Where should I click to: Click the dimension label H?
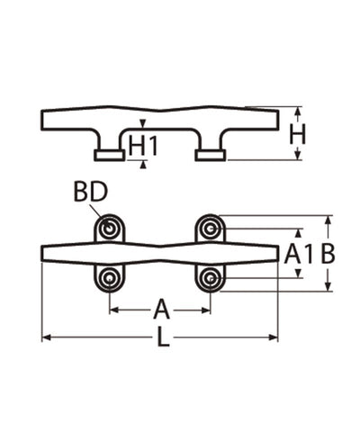click(x=297, y=134)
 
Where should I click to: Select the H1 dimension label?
click(x=143, y=146)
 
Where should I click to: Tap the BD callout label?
click(x=90, y=192)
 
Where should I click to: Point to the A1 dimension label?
click(x=298, y=254)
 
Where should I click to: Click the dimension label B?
click(x=328, y=254)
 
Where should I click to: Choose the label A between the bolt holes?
click(x=161, y=309)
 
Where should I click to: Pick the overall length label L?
click(x=163, y=337)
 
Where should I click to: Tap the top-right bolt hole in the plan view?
click(x=210, y=229)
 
